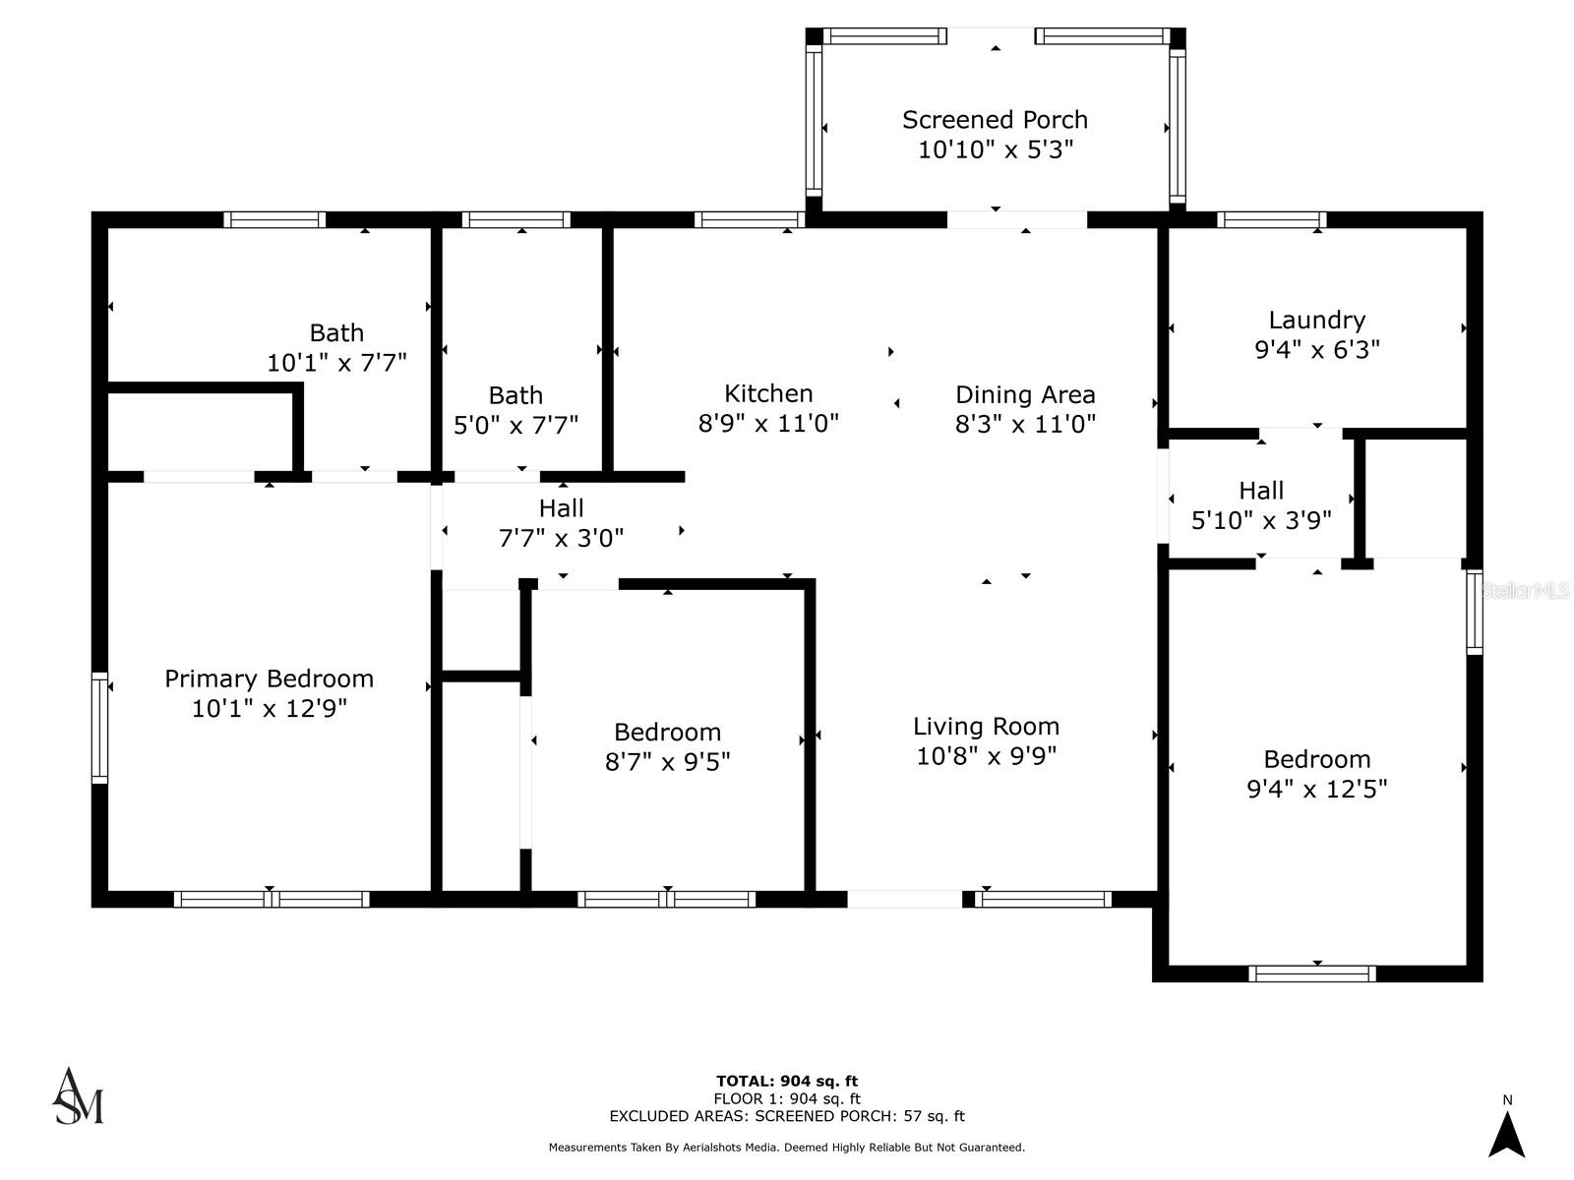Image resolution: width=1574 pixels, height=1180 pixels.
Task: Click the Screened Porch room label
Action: [995, 120]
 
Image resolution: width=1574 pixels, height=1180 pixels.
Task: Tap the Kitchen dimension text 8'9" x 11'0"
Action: [768, 424]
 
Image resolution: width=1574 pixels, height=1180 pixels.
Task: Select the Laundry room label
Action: [1316, 321]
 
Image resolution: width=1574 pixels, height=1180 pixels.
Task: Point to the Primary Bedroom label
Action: [269, 678]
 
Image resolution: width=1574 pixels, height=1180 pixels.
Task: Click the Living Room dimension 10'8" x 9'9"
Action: [986, 756]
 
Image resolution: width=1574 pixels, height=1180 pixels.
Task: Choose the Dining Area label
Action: [1025, 394]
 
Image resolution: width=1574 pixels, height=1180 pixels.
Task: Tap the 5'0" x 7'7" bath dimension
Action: [515, 426]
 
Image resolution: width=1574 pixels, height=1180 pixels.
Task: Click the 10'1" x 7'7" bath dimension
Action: [336, 363]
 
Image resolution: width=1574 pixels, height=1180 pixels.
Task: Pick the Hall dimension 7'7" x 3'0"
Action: [561, 538]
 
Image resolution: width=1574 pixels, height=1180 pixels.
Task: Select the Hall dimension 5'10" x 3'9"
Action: [1260, 520]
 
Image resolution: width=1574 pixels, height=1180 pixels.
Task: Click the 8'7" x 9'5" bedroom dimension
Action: [667, 761]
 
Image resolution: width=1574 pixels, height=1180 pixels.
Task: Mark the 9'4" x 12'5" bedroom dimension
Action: [1316, 789]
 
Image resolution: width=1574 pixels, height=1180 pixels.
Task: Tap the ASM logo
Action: [78, 1096]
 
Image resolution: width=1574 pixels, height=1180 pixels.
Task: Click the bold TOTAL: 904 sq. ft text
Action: [787, 1081]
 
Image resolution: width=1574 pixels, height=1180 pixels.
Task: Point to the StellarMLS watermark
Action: [1525, 591]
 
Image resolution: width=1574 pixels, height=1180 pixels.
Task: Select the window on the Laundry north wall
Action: [1271, 219]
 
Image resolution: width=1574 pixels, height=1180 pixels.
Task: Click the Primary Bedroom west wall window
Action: [99, 728]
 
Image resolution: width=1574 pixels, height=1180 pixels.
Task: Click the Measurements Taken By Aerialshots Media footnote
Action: [787, 1148]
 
